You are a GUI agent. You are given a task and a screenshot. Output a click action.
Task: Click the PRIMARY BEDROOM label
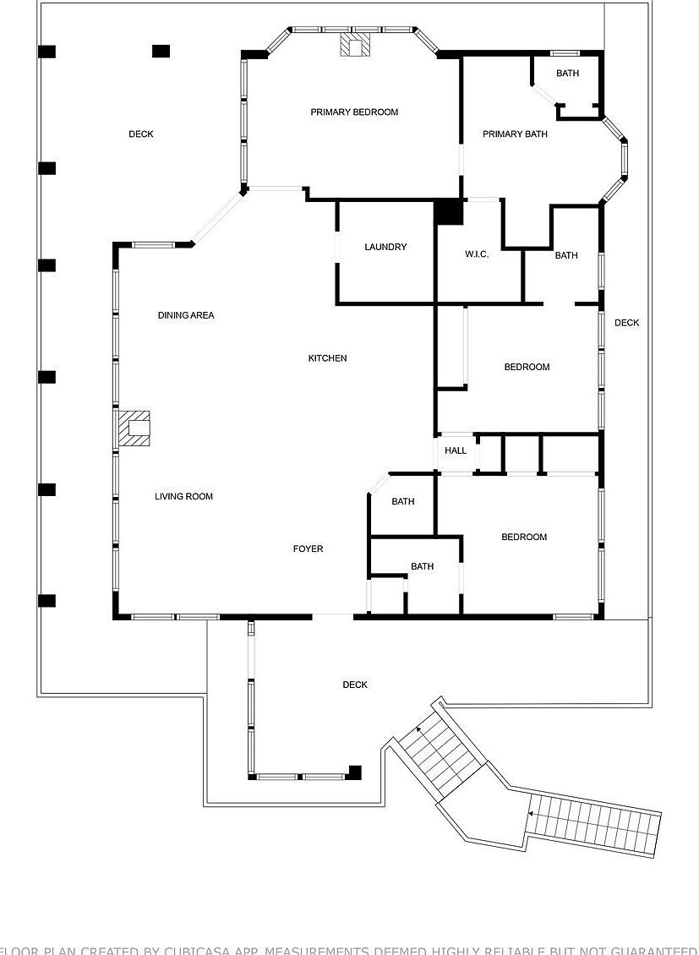click(354, 112)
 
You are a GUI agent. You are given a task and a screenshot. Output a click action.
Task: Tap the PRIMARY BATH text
click(515, 134)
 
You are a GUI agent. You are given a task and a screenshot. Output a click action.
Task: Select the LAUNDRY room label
click(385, 248)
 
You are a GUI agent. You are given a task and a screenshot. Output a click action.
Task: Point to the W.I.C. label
click(477, 255)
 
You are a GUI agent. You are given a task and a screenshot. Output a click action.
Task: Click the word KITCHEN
click(327, 358)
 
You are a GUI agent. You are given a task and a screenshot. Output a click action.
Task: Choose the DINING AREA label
click(186, 316)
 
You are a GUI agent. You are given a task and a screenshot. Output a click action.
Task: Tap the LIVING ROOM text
click(183, 497)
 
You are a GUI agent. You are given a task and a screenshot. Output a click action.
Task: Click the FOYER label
click(308, 549)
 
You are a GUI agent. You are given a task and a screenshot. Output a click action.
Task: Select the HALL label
click(456, 451)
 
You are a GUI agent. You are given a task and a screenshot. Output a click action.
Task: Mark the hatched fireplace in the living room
click(134, 428)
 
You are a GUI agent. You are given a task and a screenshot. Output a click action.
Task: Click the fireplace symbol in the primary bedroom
click(356, 45)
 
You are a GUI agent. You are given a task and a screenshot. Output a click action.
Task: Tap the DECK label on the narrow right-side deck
click(626, 323)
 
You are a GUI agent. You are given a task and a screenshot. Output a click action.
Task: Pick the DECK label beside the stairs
click(355, 685)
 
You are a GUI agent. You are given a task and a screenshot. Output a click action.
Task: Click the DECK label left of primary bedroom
click(141, 134)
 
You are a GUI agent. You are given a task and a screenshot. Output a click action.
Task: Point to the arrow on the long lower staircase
click(530, 814)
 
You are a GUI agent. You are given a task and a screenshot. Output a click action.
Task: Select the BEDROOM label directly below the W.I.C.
click(527, 368)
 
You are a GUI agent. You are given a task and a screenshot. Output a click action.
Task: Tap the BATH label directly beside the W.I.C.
click(566, 256)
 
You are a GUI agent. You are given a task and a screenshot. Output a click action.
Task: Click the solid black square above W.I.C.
click(449, 211)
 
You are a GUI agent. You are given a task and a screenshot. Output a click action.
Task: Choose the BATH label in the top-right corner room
click(567, 74)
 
